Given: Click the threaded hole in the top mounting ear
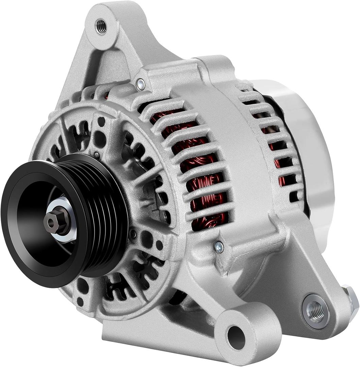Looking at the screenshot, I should pyautogui.click(x=101, y=27).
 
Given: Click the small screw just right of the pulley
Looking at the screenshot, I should pyautogui.click(x=133, y=234).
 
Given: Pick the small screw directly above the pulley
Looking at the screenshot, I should pyautogui.click(x=97, y=155).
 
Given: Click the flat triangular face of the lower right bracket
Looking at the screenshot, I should pyautogui.click(x=289, y=272).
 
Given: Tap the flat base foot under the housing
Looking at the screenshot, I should pyautogui.click(x=153, y=340).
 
